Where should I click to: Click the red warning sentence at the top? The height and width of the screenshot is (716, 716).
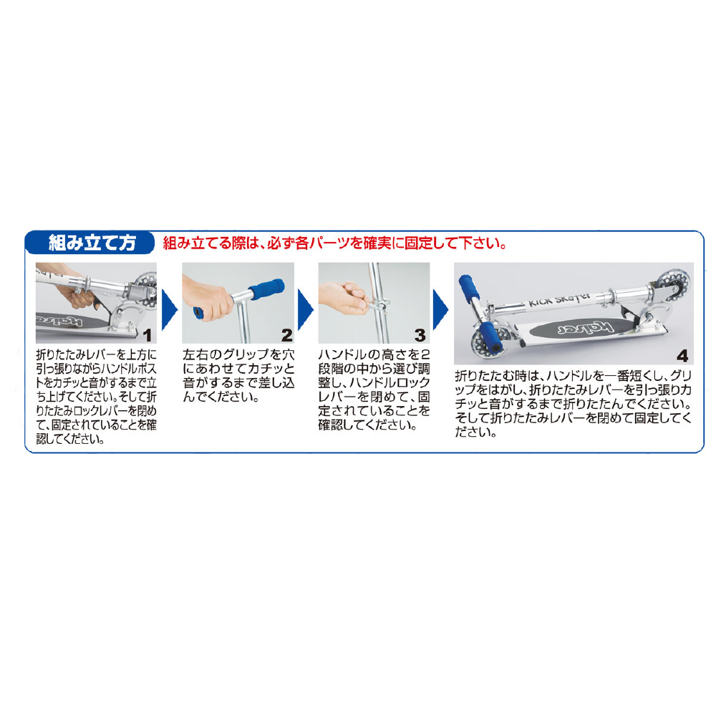click(x=335, y=243)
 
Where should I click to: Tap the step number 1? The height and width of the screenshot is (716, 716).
click(x=147, y=336)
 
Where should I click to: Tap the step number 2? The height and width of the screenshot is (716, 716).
click(x=287, y=336)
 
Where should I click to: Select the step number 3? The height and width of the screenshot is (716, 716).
click(x=420, y=336)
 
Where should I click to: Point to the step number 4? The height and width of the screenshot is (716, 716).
click(x=682, y=356)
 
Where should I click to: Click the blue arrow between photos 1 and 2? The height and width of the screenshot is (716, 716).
click(x=170, y=309)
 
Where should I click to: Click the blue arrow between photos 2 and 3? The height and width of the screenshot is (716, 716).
click(x=306, y=309)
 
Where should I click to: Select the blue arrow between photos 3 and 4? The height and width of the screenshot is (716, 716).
click(x=440, y=309)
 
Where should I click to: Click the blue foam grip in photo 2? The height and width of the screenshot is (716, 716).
click(x=267, y=289)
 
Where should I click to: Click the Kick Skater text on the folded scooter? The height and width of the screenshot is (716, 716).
click(x=559, y=301)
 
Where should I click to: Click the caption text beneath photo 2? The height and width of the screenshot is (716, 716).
click(x=238, y=375)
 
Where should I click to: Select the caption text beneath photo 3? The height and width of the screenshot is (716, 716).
click(x=374, y=390)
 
